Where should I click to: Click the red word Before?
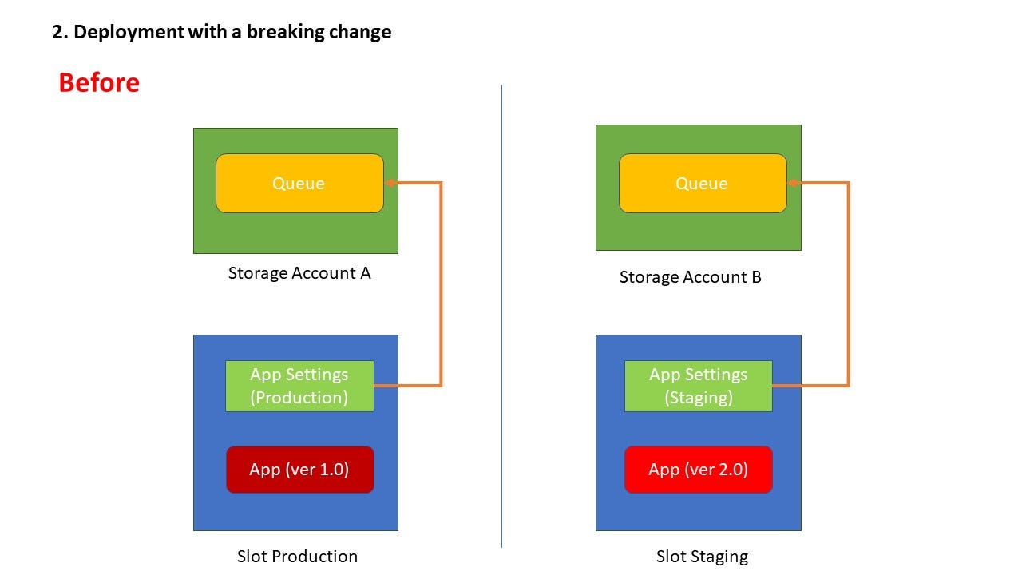click(x=99, y=82)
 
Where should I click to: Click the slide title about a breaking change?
click(x=222, y=32)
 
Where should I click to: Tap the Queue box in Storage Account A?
click(x=299, y=184)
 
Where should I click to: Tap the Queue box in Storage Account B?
click(x=703, y=184)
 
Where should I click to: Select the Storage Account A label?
click(x=299, y=273)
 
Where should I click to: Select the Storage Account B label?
click(x=691, y=277)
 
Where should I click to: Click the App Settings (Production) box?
click(x=299, y=386)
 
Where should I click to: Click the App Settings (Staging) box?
click(x=699, y=386)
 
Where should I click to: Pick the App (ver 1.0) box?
click(x=299, y=470)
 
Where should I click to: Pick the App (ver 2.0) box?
click(x=699, y=470)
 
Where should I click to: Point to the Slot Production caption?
click(x=297, y=557)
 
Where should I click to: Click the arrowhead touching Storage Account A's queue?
click(x=390, y=183)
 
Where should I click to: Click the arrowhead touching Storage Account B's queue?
click(x=794, y=183)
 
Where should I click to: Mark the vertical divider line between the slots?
click(x=502, y=316)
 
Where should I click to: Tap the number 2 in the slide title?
click(x=57, y=32)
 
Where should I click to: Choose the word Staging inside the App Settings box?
click(x=699, y=398)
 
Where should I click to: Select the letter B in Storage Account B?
click(x=756, y=277)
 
